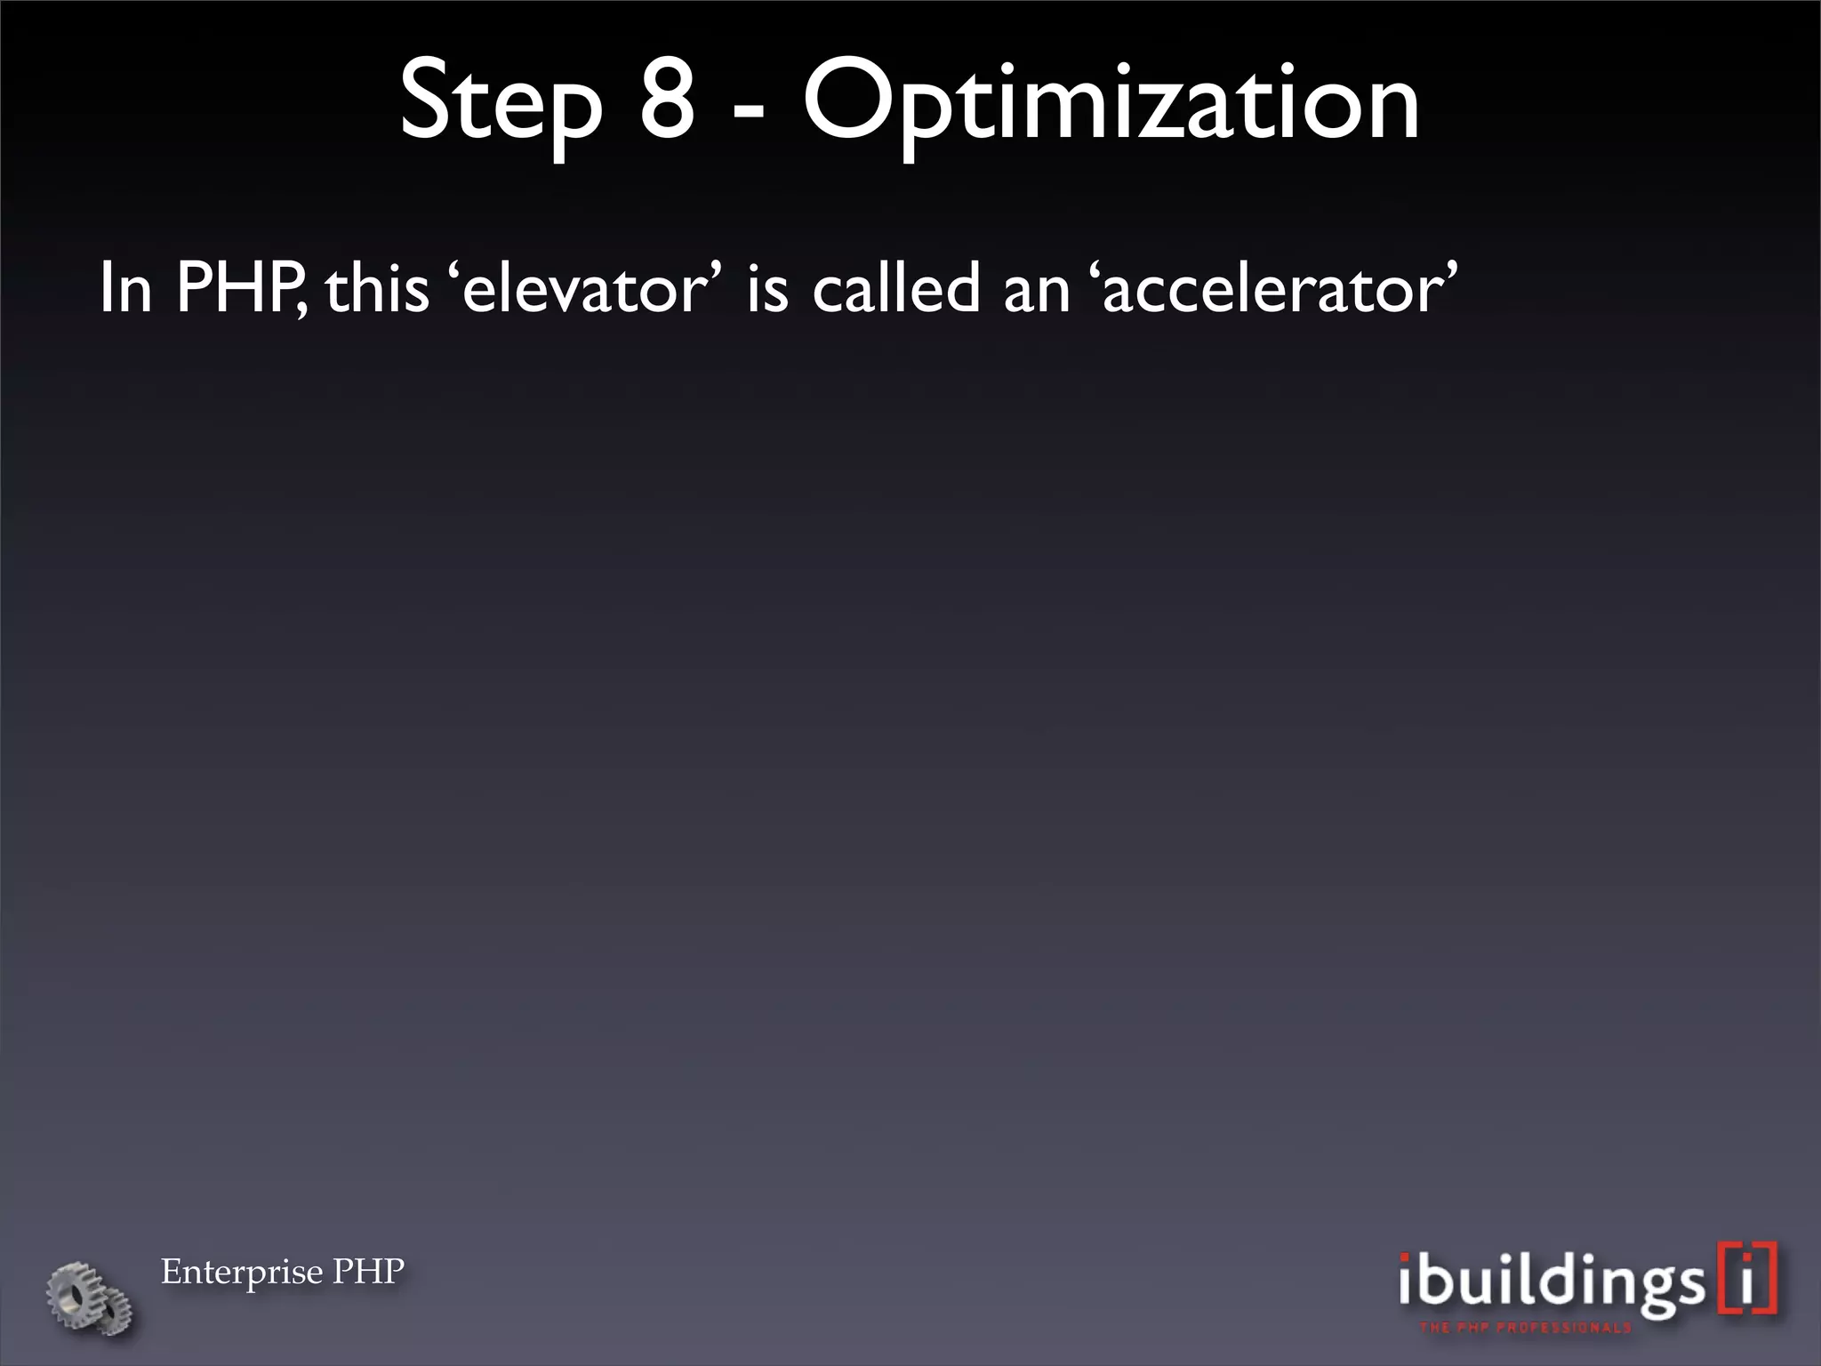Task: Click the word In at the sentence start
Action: point(125,288)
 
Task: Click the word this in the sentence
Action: point(377,290)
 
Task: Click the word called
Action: point(896,288)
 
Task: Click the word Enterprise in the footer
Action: point(241,1273)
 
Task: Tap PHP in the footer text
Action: point(368,1271)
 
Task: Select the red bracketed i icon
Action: point(1748,1279)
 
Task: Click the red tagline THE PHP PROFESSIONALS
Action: point(1525,1328)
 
